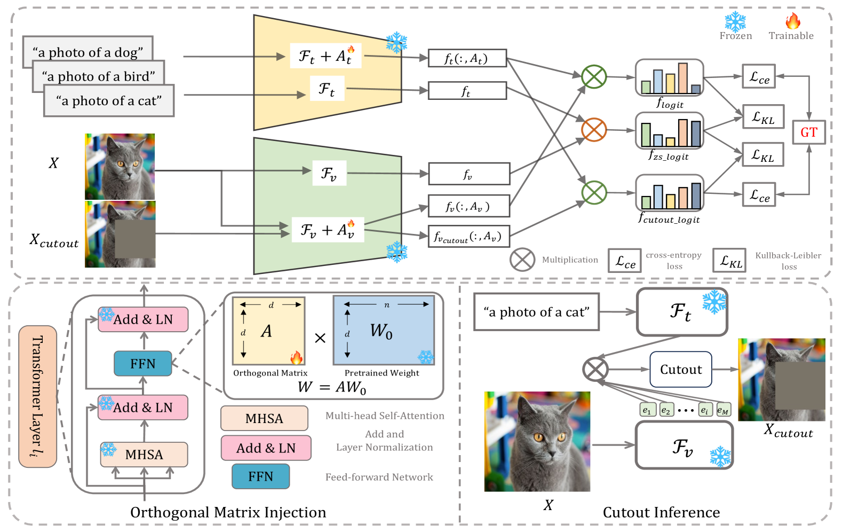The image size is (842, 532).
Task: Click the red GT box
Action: (808, 132)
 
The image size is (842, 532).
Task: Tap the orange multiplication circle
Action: (594, 130)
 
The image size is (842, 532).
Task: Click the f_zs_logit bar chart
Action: (669, 131)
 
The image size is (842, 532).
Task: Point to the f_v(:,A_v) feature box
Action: (468, 206)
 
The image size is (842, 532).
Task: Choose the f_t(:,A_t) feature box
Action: (467, 58)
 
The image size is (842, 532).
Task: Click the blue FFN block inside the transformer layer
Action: (143, 364)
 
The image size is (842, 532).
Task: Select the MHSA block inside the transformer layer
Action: (144, 455)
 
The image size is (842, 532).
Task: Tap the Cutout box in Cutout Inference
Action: (680, 370)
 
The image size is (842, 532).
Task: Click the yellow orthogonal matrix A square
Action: (268, 331)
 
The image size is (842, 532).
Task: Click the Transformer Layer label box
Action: (37, 396)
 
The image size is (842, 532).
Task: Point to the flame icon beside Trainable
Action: (792, 21)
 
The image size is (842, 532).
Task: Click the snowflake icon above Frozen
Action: (735, 21)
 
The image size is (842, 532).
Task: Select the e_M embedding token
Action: (723, 410)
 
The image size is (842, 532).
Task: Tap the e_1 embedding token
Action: (647, 410)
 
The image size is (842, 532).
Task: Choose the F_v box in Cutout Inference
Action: (683, 445)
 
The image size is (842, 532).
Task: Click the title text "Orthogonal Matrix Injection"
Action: (228, 513)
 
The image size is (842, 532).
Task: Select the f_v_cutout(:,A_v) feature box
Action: (468, 236)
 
